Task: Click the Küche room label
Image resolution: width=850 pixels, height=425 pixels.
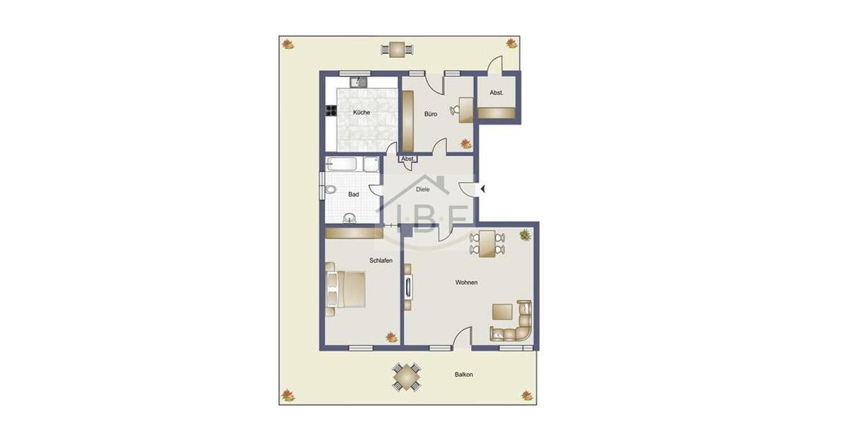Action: [x=361, y=113]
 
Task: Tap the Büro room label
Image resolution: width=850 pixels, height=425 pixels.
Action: [x=431, y=113]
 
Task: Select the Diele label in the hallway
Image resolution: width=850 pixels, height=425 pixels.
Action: [x=423, y=189]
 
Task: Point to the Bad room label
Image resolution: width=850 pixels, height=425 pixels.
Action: [x=353, y=194]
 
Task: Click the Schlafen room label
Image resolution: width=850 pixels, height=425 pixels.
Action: [x=380, y=261]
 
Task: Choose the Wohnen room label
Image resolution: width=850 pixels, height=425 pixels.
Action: [x=466, y=283]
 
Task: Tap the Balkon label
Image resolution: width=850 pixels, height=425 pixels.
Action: [x=464, y=374]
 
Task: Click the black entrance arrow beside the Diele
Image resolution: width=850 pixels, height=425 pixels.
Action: [x=482, y=188]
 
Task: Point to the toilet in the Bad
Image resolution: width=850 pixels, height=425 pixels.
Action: [x=331, y=191]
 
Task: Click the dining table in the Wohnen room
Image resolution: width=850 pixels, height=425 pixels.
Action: [x=488, y=243]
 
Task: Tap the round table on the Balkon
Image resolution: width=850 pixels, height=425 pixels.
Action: [x=407, y=377]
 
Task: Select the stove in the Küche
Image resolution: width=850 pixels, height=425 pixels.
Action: [x=330, y=110]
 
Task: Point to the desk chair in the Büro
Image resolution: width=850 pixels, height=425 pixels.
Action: [x=457, y=110]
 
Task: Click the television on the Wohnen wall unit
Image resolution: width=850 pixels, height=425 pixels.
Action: [x=408, y=288]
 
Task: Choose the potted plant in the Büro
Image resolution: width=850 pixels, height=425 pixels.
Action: [x=465, y=144]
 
